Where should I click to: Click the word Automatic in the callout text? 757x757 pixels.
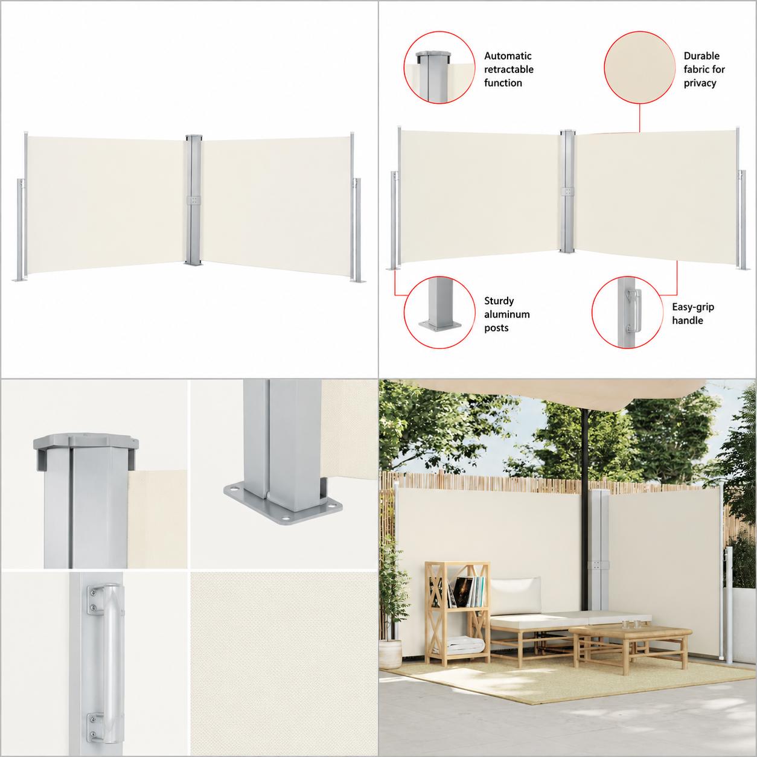(508, 56)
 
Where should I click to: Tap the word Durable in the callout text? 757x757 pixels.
(701, 56)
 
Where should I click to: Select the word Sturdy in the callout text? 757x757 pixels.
(499, 301)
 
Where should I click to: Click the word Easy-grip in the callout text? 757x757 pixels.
(693, 307)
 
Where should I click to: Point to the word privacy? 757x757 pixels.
(700, 83)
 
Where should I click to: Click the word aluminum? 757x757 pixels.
(506, 315)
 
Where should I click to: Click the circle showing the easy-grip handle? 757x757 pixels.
(628, 312)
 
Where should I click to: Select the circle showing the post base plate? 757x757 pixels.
(439, 312)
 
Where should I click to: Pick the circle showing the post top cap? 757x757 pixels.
(439, 68)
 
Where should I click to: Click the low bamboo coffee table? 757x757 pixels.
(630, 639)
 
